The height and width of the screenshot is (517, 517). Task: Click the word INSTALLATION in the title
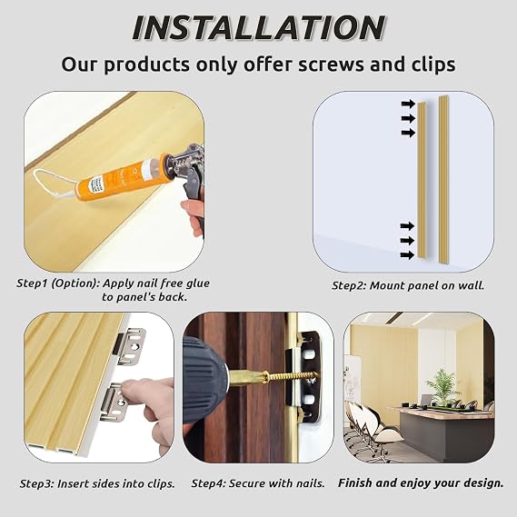pyautogui.click(x=258, y=28)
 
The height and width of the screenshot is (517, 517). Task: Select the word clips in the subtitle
pyautogui.click(x=433, y=65)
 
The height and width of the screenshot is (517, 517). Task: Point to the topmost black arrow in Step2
pyautogui.click(x=408, y=104)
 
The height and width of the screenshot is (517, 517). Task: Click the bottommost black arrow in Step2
pyautogui.click(x=408, y=255)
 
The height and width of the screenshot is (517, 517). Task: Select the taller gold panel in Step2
pyautogui.click(x=443, y=179)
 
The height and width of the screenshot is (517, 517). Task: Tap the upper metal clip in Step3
pyautogui.click(x=131, y=346)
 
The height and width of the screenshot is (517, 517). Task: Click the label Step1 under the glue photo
pyautogui.click(x=33, y=283)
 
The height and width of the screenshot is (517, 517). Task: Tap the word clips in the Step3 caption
pyautogui.click(x=159, y=483)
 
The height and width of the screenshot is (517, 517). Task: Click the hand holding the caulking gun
pyautogui.click(x=193, y=214)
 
